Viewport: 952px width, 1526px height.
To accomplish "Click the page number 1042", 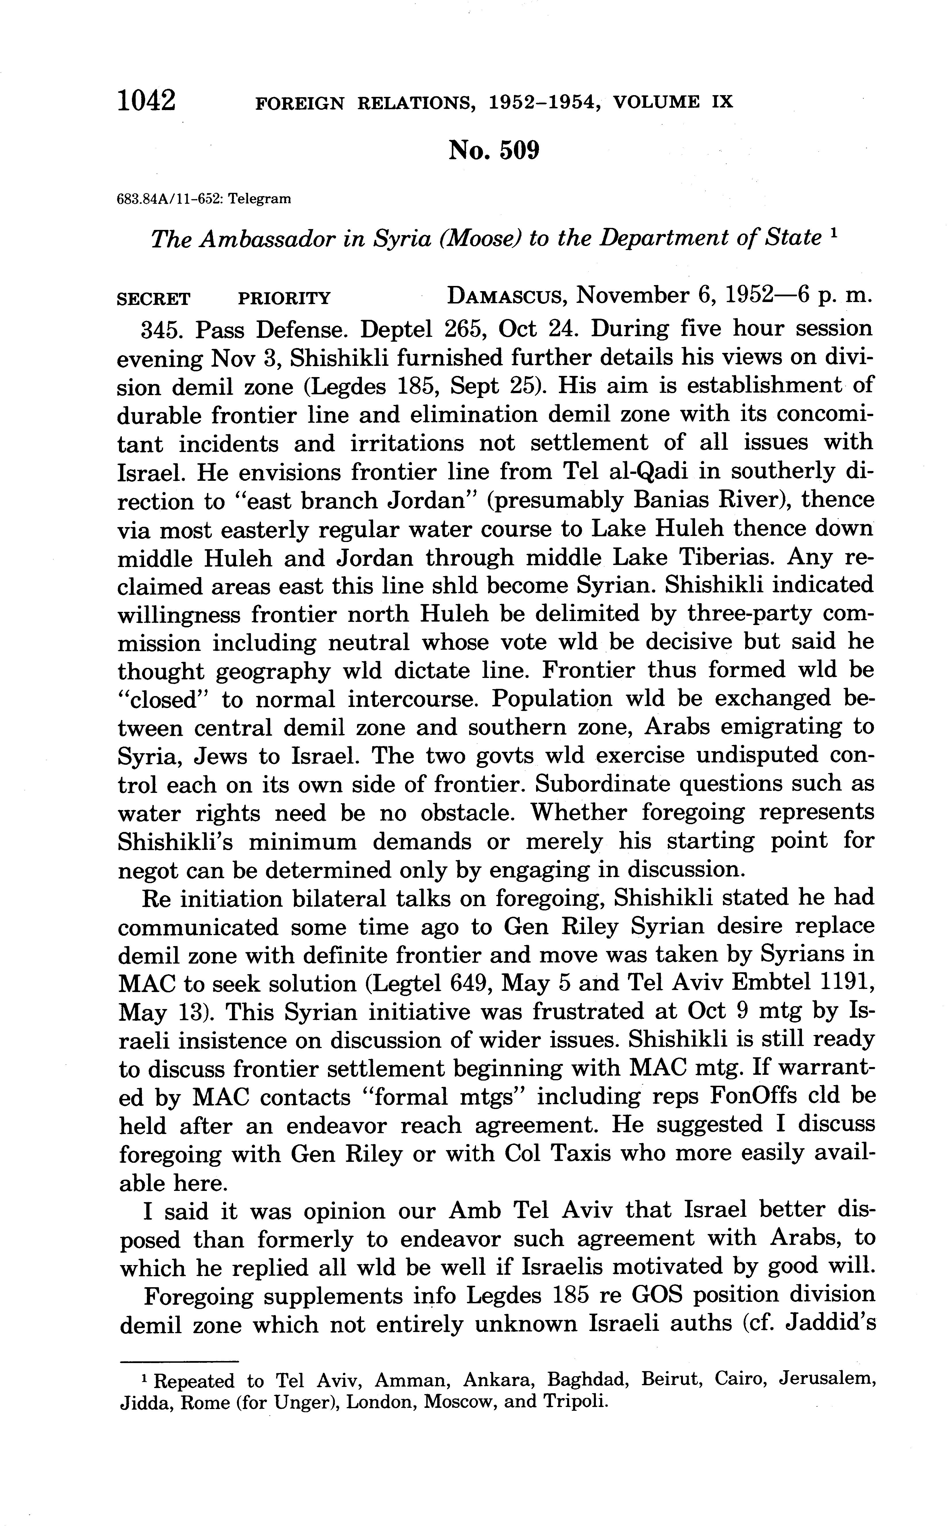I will click(146, 101).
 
